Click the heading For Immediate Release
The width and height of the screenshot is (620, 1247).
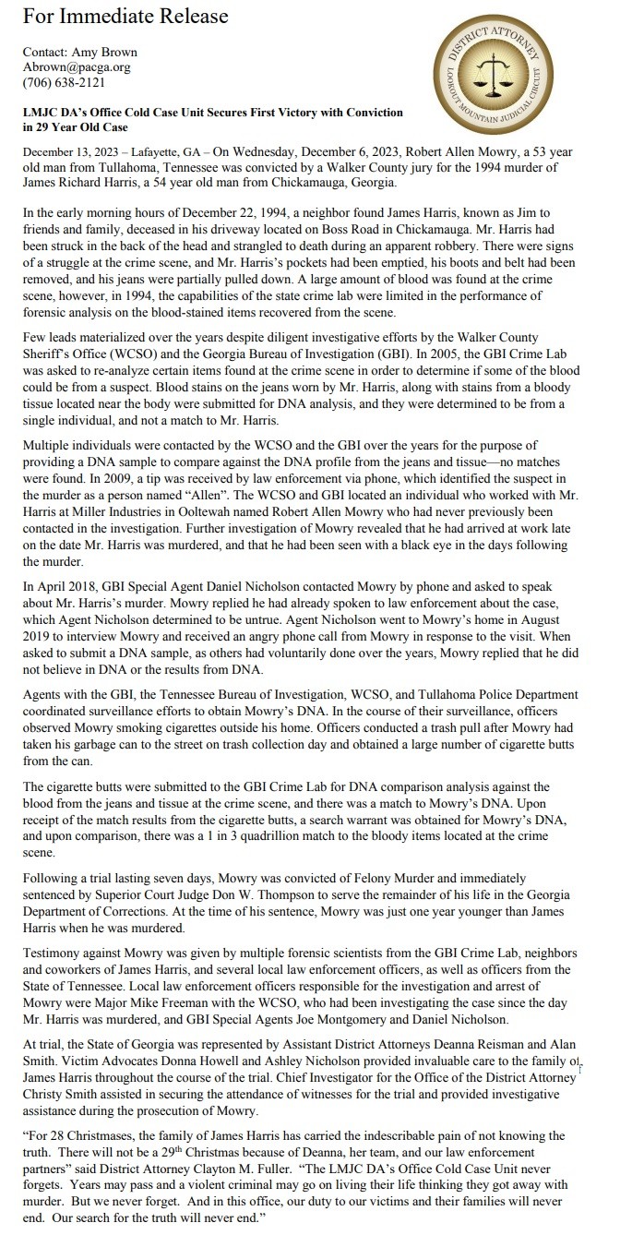click(125, 17)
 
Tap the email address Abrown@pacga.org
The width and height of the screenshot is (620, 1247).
click(77, 66)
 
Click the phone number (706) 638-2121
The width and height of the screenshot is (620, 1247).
click(64, 81)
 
